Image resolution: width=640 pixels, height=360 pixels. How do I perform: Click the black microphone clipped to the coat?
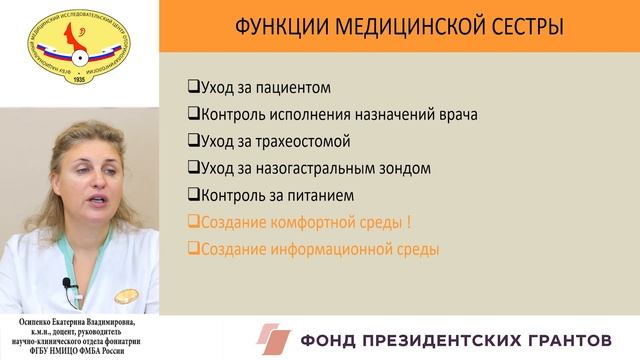click(68, 286)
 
